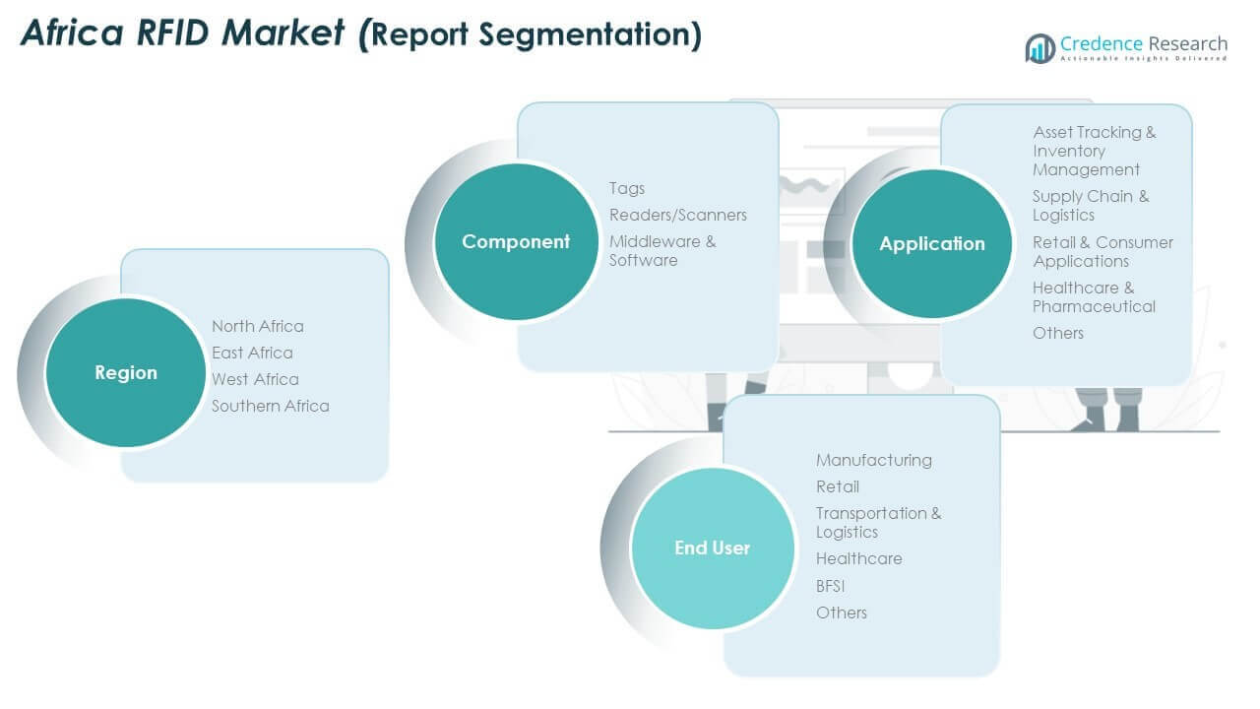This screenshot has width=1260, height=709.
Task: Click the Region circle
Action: (126, 372)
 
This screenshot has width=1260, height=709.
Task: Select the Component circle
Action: (516, 241)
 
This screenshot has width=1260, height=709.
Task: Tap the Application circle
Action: (931, 243)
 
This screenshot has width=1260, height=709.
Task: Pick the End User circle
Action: (712, 548)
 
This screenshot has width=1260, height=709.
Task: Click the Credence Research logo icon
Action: (1040, 47)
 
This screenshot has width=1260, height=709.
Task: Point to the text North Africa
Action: (258, 326)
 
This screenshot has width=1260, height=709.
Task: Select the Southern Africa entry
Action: (271, 406)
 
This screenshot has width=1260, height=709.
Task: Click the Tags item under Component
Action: (627, 188)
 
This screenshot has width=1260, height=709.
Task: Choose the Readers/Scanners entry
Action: (678, 215)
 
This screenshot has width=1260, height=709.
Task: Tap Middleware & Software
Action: (661, 250)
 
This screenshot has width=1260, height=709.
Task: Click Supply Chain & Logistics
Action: (1090, 205)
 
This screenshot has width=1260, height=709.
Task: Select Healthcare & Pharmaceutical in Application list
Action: (1094, 296)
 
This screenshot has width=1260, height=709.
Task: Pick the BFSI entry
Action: (831, 586)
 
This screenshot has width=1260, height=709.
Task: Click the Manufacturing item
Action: (874, 460)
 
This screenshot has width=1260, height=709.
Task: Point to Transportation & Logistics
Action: (878, 522)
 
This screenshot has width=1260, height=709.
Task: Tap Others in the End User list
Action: (842, 612)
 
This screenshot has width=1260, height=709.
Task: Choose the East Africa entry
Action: (252, 353)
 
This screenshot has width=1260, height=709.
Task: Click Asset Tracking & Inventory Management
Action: (1094, 151)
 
